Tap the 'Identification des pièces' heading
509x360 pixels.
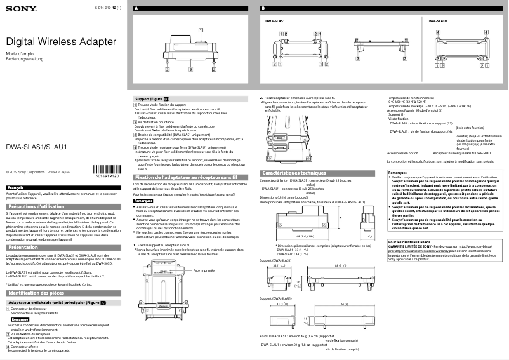coord(37,293)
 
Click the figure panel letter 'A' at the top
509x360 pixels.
coord(136,7)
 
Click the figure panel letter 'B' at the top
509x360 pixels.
coord(263,7)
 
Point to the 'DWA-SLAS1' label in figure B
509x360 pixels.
coord(275,22)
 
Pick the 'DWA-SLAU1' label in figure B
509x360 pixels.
coord(437,22)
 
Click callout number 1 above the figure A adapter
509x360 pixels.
coord(201,29)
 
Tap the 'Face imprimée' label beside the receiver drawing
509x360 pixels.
coord(204,270)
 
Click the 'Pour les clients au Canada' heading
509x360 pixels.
coord(410,243)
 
